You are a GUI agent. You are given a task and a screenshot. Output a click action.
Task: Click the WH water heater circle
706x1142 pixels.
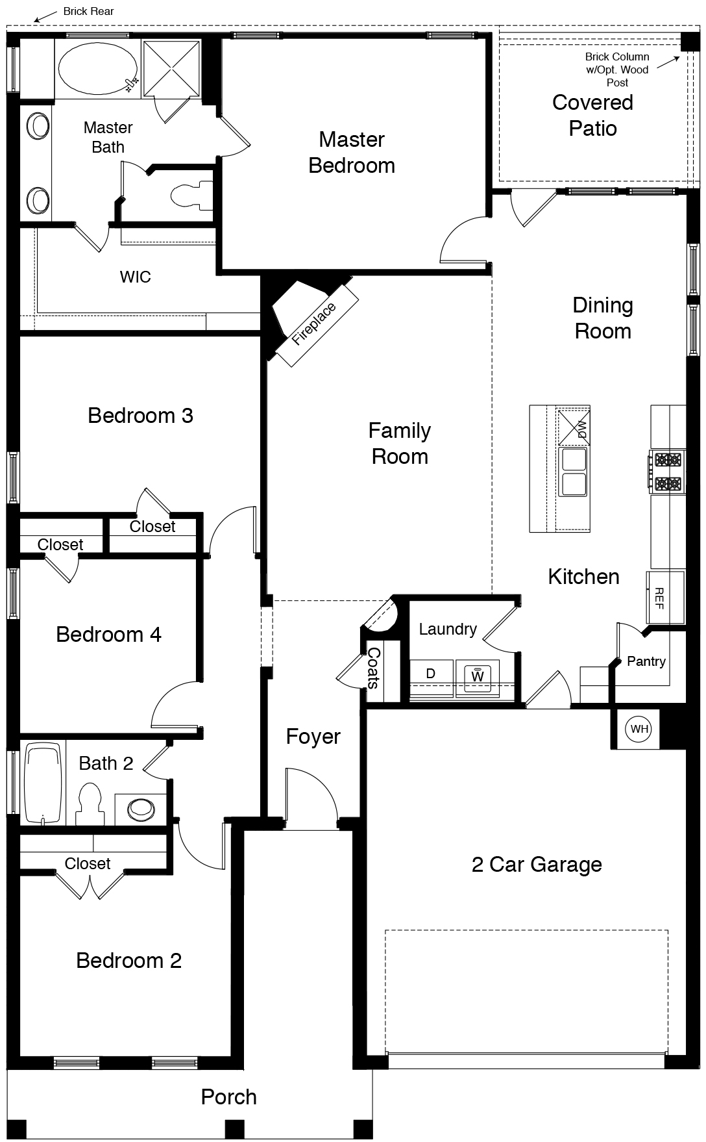pos(640,729)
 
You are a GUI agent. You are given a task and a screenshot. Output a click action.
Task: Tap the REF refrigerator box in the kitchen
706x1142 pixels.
pos(665,598)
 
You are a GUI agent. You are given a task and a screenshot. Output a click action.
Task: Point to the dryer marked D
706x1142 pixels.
pos(431,674)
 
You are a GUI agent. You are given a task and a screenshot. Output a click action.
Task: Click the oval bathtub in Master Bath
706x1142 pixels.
pos(98,68)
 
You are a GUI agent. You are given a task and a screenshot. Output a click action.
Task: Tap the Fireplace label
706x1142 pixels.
pos(314,324)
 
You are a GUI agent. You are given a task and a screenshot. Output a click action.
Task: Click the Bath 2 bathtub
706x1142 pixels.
pos(45,783)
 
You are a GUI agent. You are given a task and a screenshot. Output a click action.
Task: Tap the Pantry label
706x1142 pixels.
pos(646,661)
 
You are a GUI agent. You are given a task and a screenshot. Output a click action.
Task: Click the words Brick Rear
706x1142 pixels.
pos(89,11)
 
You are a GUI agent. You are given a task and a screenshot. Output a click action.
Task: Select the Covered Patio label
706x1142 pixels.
pos(592,115)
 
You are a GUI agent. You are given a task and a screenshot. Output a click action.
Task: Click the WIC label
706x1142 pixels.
pos(135,277)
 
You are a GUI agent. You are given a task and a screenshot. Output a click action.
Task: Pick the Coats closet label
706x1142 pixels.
pos(373,668)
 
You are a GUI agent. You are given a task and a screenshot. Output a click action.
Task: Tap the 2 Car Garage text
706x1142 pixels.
pos(537,864)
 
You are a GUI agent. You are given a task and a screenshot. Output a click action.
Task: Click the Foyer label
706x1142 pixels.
pos(313,737)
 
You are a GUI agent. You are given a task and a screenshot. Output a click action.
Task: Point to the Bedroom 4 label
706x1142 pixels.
pos(108,634)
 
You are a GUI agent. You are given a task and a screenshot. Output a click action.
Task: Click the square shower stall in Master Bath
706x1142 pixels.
pos(171,69)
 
